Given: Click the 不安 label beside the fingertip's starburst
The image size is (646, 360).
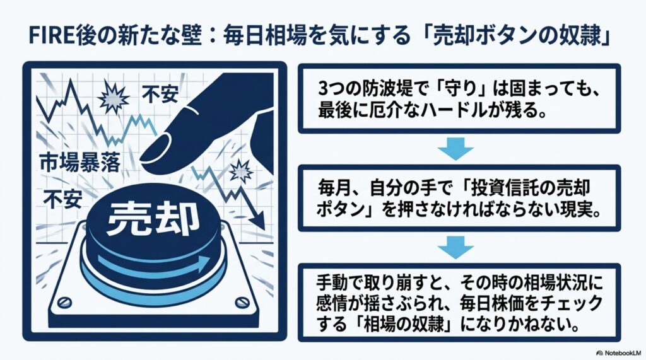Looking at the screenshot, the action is [160, 94].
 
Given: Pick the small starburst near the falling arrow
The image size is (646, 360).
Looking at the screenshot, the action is [241, 170].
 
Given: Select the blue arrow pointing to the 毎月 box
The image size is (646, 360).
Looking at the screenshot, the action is [455, 149].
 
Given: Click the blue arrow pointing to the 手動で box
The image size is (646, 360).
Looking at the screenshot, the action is [455, 248].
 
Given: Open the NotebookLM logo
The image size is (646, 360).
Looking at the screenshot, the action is [619, 353].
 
